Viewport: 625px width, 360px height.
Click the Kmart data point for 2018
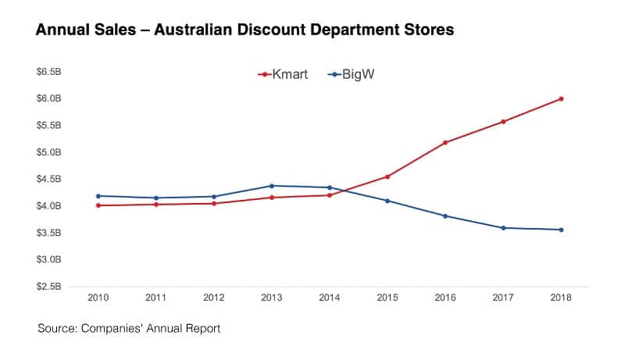point(561,98)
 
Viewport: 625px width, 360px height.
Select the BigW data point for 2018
point(561,230)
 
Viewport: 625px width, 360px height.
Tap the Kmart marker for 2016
point(445,142)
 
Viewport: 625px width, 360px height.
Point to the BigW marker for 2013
point(272,185)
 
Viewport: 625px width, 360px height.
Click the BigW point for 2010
point(98,196)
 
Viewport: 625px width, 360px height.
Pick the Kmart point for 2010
point(98,205)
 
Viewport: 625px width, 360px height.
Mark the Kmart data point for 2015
point(387,176)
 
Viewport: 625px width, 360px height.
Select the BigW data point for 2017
point(503,228)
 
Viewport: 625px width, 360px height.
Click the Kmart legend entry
point(282,75)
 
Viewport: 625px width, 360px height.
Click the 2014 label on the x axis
point(330,298)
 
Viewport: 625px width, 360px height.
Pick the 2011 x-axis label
point(156,298)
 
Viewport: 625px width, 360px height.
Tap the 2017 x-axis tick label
point(503,298)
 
